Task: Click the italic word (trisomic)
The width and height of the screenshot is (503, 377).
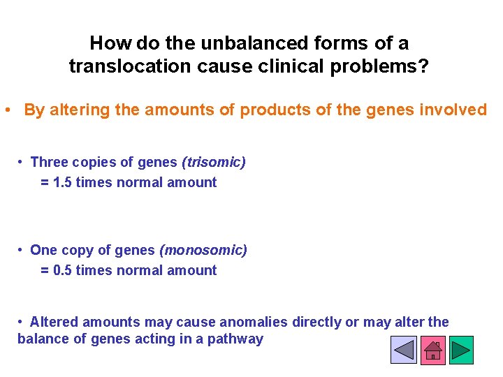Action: (213, 162)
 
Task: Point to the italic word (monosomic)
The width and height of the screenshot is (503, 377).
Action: (203, 250)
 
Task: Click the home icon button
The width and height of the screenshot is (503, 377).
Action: (432, 350)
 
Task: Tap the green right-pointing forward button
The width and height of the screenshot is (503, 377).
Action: (461, 350)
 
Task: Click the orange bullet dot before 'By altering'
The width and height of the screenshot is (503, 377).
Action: (6, 110)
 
